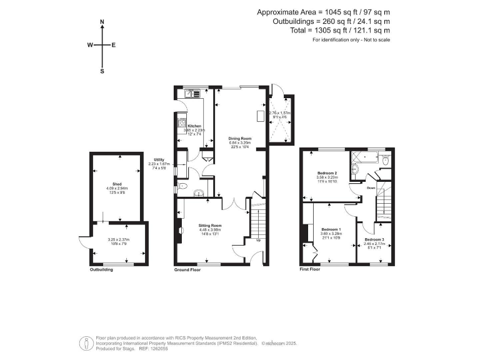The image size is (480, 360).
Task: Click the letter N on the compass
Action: [102, 22]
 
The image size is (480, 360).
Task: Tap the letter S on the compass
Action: [102, 71]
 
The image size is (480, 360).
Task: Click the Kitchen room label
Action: [194, 126]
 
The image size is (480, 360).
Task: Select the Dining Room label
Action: [239, 138]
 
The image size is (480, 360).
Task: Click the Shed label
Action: [117, 183]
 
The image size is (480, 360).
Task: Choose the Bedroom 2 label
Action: [327, 172]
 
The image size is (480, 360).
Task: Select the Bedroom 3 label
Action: [374, 239]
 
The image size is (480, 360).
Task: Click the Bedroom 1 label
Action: [330, 228]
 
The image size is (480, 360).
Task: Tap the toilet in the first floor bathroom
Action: [385, 161]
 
